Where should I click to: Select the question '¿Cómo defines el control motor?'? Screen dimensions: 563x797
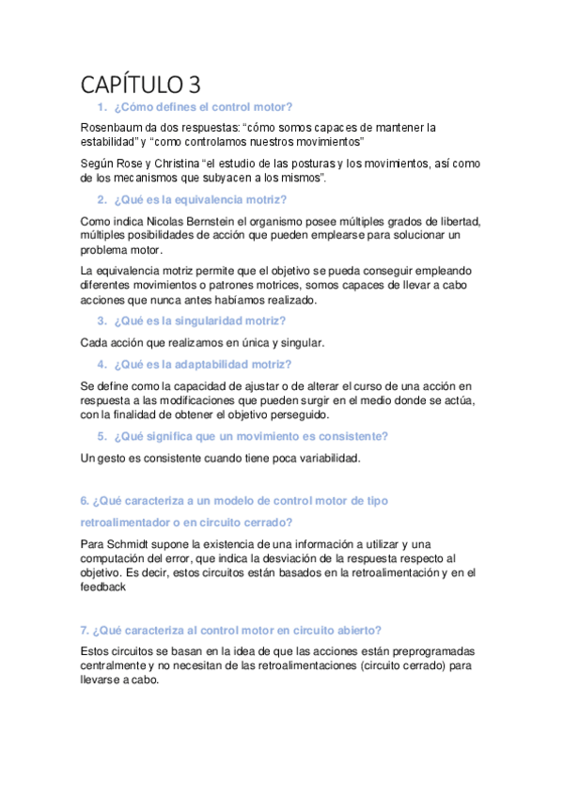click(202, 107)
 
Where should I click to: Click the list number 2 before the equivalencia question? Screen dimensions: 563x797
click(102, 199)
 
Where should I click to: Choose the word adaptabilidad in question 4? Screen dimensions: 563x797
click(211, 364)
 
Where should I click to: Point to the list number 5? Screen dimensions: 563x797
click(102, 436)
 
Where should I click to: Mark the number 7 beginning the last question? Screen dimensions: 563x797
click(84, 630)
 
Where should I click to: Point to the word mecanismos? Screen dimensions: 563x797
click(141, 178)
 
